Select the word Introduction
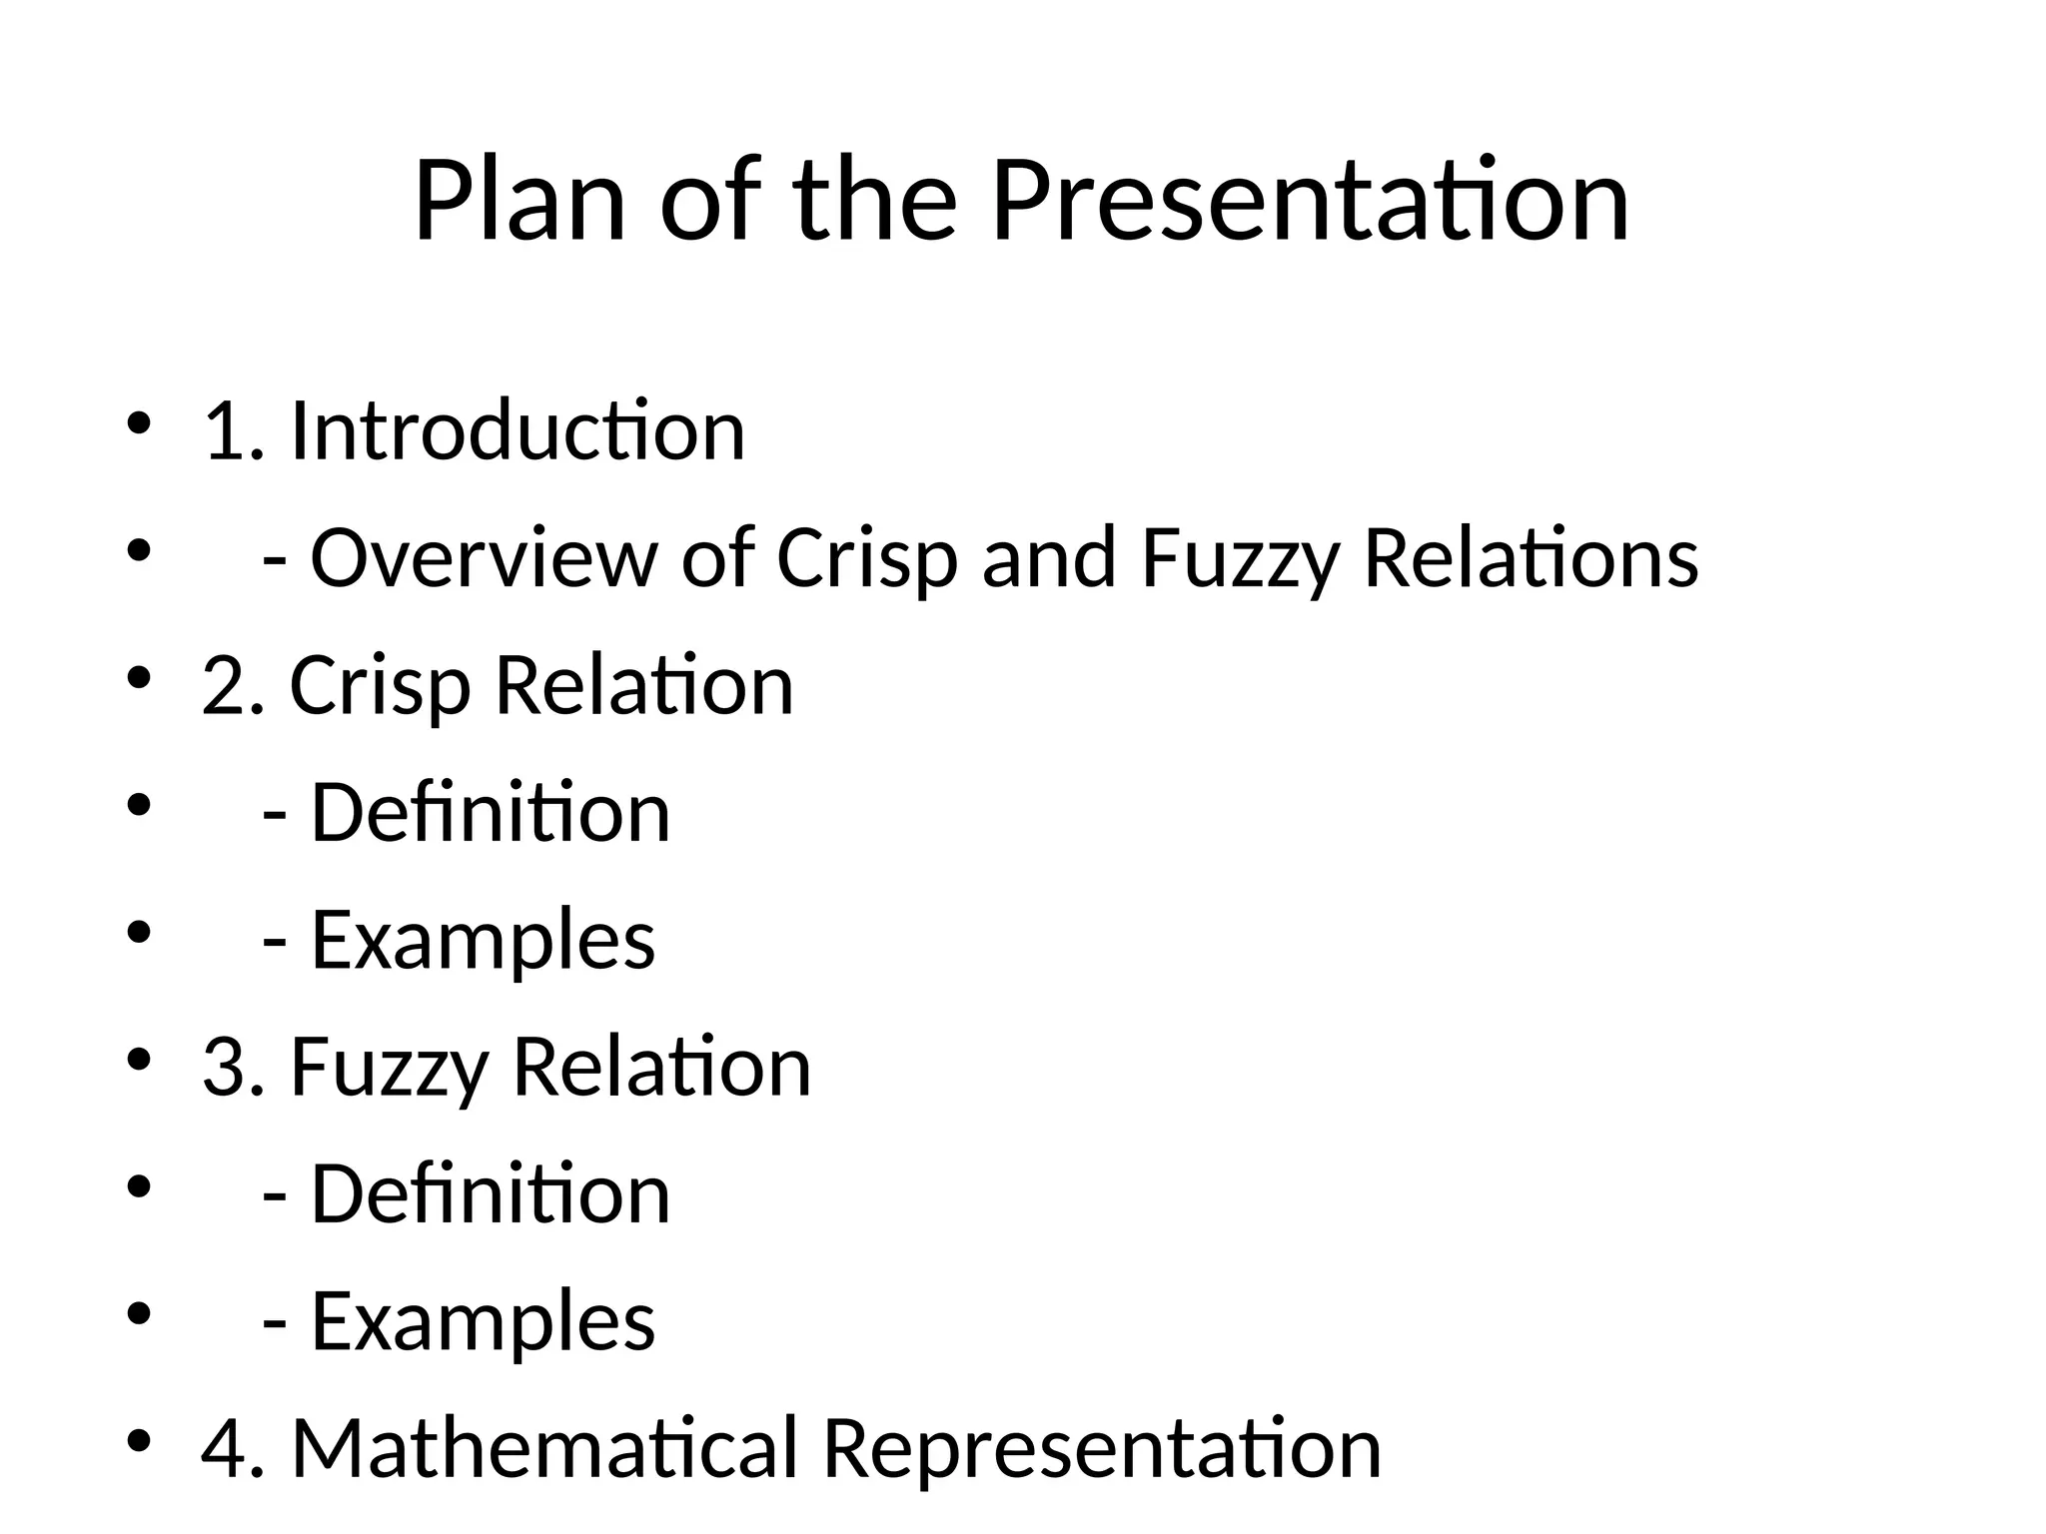pos(517,430)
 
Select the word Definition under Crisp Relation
pos(491,813)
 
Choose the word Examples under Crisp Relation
pos(484,940)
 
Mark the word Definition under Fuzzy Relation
pos(491,1194)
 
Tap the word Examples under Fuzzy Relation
pos(484,1321)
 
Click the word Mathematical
pos(544,1448)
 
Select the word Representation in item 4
pos(1102,1448)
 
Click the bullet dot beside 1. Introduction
pos(138,422)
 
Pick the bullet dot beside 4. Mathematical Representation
pos(138,1440)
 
